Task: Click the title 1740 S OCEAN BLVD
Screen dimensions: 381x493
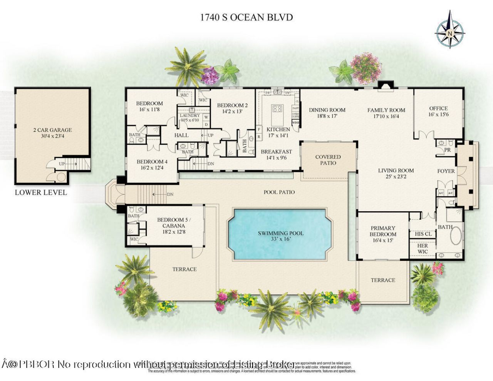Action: pyautogui.click(x=246, y=17)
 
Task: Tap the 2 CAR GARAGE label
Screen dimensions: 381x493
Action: pyautogui.click(x=52, y=130)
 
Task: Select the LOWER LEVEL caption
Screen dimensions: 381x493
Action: pyautogui.click(x=41, y=192)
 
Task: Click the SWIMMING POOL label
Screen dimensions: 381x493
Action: pyautogui.click(x=280, y=233)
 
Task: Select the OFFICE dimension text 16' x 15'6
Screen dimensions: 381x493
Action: pyautogui.click(x=438, y=115)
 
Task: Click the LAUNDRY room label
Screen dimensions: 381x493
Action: pyautogui.click(x=190, y=115)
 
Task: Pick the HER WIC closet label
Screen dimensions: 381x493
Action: pyautogui.click(x=423, y=249)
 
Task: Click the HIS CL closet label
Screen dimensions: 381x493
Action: pyautogui.click(x=423, y=234)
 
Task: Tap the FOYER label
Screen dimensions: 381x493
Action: pyautogui.click(x=446, y=171)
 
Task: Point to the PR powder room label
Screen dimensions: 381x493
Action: pyautogui.click(x=447, y=150)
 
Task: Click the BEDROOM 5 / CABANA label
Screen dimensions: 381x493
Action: pyautogui.click(x=171, y=223)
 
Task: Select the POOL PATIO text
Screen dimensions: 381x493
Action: pyautogui.click(x=279, y=192)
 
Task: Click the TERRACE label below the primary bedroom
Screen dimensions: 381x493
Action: pyautogui.click(x=383, y=280)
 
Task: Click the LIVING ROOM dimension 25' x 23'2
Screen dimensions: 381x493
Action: pyautogui.click(x=396, y=177)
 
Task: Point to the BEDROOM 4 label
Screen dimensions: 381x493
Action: pyautogui.click(x=152, y=162)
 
